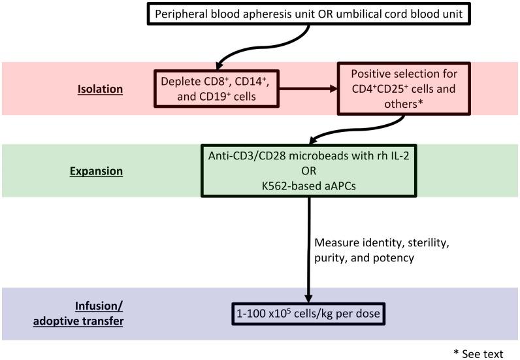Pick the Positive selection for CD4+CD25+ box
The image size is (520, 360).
coord(404,90)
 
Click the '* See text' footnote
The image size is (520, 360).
coord(478,353)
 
